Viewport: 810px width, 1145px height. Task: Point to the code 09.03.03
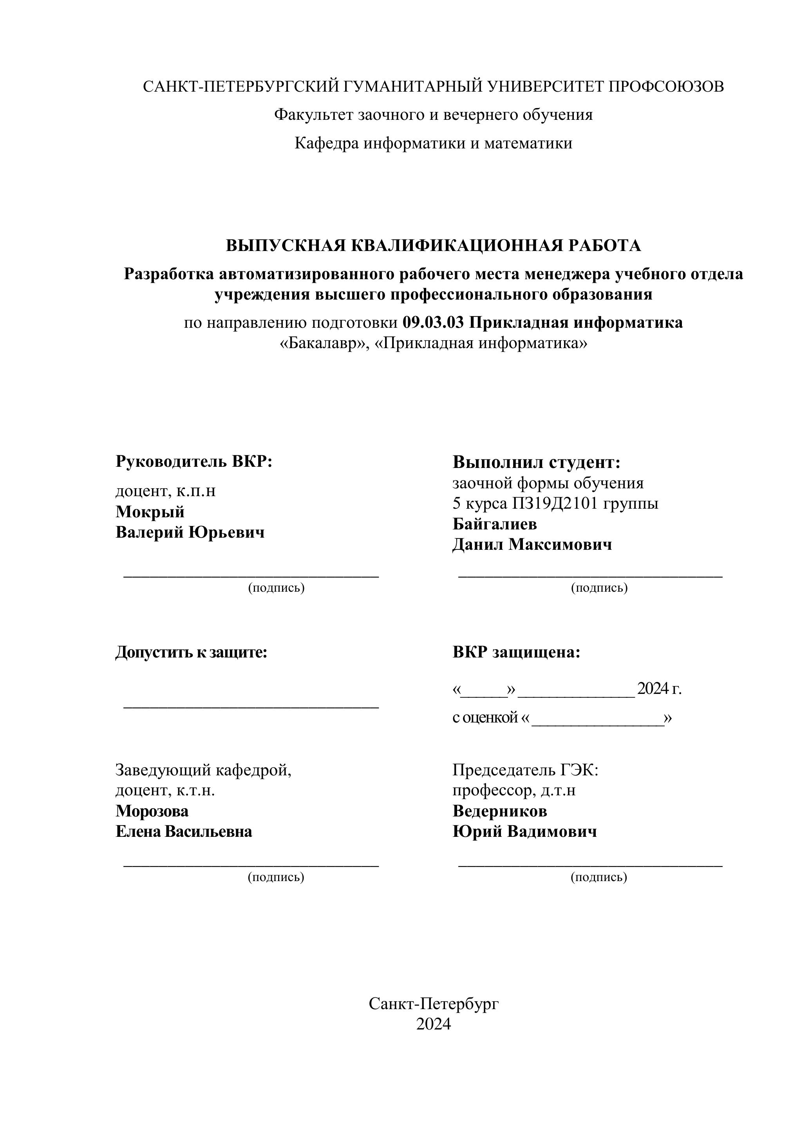pos(433,323)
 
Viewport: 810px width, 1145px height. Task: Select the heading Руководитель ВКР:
pos(194,461)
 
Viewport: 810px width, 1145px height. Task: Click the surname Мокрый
pos(150,512)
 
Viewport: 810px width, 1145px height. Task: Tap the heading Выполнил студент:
pos(536,462)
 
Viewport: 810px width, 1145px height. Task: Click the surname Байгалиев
pos(494,524)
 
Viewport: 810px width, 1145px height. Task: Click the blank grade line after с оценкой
pos(598,719)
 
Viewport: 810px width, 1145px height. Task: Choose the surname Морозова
pos(152,811)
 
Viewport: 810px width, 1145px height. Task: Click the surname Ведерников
pos(499,811)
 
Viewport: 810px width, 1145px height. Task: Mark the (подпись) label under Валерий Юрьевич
pos(276,587)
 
